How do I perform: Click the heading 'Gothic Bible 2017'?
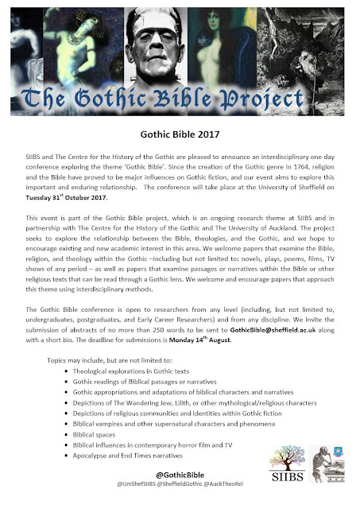pyautogui.click(x=179, y=136)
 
